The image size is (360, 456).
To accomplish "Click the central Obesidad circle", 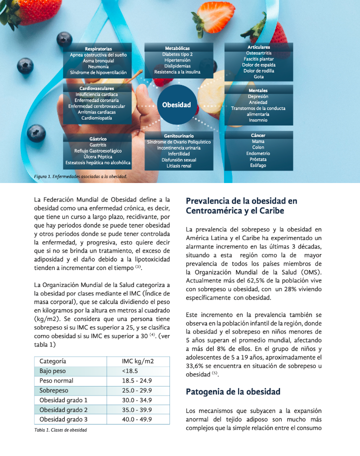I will (176, 105).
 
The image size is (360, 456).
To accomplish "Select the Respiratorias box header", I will (98, 49).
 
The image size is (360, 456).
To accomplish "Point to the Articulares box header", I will (258, 47).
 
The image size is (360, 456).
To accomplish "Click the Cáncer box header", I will (258, 135).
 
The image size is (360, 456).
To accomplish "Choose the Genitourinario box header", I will (178, 136).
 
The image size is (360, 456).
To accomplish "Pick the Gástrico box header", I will (97, 138).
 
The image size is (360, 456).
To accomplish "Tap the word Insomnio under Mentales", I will (258, 120).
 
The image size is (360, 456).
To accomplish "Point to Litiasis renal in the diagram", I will (178, 166).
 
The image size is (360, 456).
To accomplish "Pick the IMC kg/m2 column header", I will (137, 361).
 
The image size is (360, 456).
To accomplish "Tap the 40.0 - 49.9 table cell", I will (137, 419).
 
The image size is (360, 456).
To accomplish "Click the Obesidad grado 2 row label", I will (63, 409).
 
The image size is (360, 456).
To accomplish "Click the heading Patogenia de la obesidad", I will (233, 391).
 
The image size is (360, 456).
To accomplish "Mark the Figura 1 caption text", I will (80, 176).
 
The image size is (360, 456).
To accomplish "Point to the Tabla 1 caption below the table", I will (60, 430).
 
